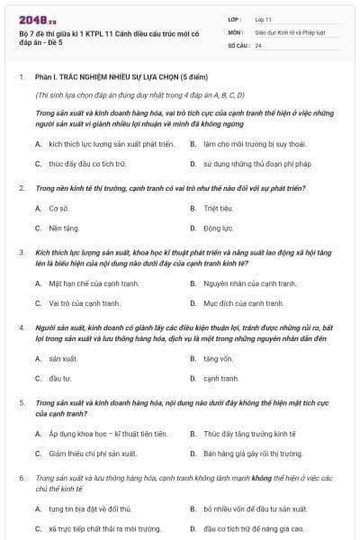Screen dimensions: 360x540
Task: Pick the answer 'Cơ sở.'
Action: (x=59, y=208)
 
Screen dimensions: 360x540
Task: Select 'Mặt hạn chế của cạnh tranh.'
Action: (x=94, y=283)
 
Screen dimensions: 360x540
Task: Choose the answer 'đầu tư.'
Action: (x=60, y=378)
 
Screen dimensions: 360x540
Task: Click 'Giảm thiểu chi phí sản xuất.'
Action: (x=93, y=453)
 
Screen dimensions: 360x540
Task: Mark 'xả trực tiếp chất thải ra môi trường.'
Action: (x=101, y=528)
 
